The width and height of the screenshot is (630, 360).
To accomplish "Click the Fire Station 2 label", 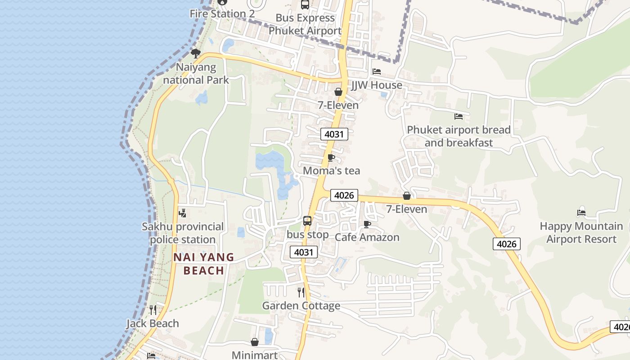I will click(222, 13).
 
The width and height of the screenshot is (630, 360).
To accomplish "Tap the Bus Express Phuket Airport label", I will click(305, 24).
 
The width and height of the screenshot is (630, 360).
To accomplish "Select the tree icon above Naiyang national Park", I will click(195, 54).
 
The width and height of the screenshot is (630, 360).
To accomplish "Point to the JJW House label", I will click(377, 85).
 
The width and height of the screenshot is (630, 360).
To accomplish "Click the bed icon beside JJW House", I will click(377, 72).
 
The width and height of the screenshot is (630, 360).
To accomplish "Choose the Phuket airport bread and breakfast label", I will click(459, 136).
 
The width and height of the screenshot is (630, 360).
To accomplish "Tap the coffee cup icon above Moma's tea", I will click(331, 157).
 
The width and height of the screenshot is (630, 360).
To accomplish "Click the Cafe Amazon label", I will click(367, 237).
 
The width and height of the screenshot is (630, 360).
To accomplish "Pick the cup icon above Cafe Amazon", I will click(367, 224).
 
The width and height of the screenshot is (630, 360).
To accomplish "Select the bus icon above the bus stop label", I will click(307, 221).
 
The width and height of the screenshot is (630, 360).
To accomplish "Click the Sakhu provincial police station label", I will click(183, 233).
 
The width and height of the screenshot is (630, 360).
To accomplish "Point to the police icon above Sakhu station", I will click(183, 213).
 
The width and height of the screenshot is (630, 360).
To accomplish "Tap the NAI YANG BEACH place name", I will click(204, 264).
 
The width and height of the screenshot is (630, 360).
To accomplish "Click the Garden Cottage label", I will click(301, 306).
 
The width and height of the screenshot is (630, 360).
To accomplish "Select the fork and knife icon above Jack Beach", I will click(153, 310).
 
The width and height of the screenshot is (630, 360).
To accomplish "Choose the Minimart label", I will click(255, 355).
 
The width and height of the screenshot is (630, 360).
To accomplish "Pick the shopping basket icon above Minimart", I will click(255, 342).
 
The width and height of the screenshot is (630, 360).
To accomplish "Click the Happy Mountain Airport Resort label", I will click(581, 232).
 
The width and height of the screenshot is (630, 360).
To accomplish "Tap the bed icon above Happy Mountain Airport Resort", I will click(581, 212).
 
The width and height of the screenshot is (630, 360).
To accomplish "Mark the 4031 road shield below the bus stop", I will click(304, 252).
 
